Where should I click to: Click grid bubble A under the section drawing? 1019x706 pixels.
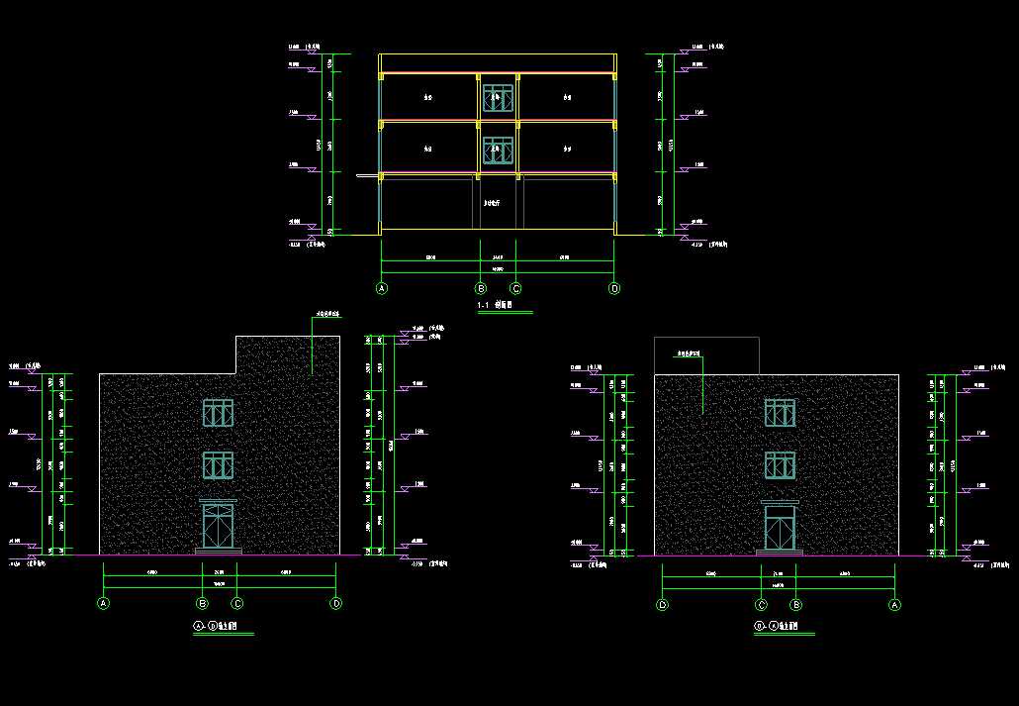coord(381,288)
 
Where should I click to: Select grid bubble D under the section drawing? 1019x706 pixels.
coord(614,288)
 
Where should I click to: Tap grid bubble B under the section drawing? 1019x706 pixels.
coord(481,288)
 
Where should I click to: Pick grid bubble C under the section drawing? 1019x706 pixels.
coord(515,288)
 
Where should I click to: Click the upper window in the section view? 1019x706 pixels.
coord(498,98)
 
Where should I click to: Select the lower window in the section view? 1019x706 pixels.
coord(498,150)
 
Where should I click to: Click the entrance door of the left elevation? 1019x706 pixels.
coord(218,526)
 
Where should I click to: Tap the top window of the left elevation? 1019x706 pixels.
coord(218,414)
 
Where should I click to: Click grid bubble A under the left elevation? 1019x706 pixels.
coord(103,603)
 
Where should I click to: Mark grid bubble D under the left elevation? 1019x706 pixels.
coord(336,603)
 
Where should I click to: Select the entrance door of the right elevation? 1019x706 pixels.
coord(780,527)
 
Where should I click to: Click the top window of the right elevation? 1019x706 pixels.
coord(780,414)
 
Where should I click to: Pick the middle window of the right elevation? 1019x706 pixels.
coord(780,465)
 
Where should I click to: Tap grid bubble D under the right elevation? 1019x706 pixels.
coord(662,604)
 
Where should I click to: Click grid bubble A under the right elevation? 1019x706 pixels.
coord(895,604)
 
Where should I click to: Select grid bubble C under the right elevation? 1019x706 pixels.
coord(762,604)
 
